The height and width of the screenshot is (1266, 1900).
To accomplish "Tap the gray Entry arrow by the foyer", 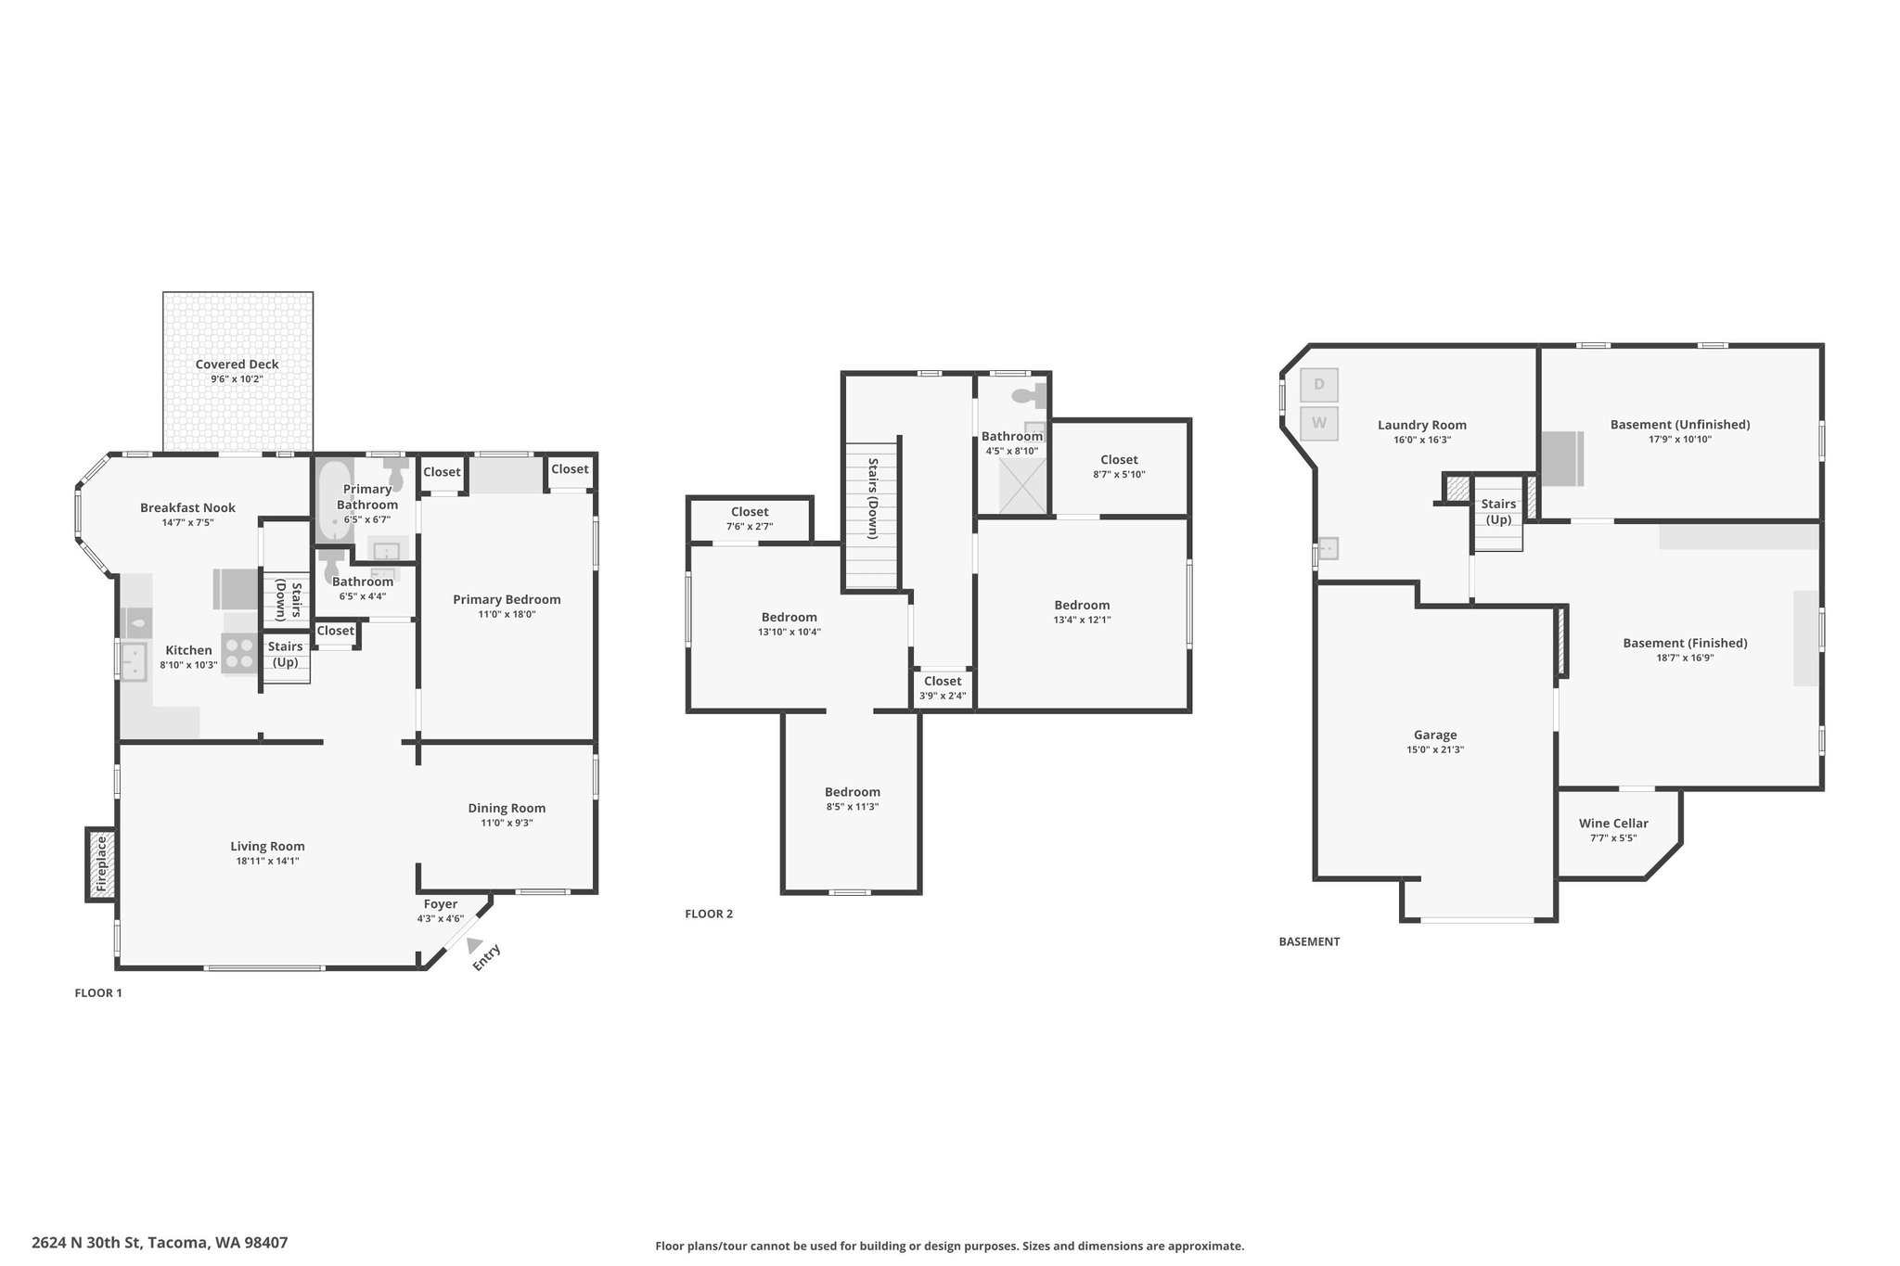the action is point(475,945).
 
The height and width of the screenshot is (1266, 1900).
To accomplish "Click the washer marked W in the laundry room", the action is point(1319,424).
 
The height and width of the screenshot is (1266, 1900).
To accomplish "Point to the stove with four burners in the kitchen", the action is point(239,652).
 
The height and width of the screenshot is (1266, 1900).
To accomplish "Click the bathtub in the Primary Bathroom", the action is point(331,501).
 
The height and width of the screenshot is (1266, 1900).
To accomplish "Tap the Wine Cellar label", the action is point(1613,823).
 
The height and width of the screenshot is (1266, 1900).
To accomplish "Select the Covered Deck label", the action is point(237,364).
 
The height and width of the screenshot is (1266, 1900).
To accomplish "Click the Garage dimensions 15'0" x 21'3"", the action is point(1435,749).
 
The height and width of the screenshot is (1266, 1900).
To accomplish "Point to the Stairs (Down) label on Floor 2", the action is point(873,498).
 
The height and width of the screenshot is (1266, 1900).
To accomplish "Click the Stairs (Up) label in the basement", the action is point(1498,511).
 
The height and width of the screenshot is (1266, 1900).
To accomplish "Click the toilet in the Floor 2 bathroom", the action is point(1029,396).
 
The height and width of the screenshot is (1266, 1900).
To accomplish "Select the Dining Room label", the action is point(507,808).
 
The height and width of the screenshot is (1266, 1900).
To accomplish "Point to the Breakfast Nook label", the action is point(187,507).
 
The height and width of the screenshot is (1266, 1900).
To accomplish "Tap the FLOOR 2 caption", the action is point(709,914).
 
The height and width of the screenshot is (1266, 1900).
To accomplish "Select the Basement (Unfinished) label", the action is point(1680,425).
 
